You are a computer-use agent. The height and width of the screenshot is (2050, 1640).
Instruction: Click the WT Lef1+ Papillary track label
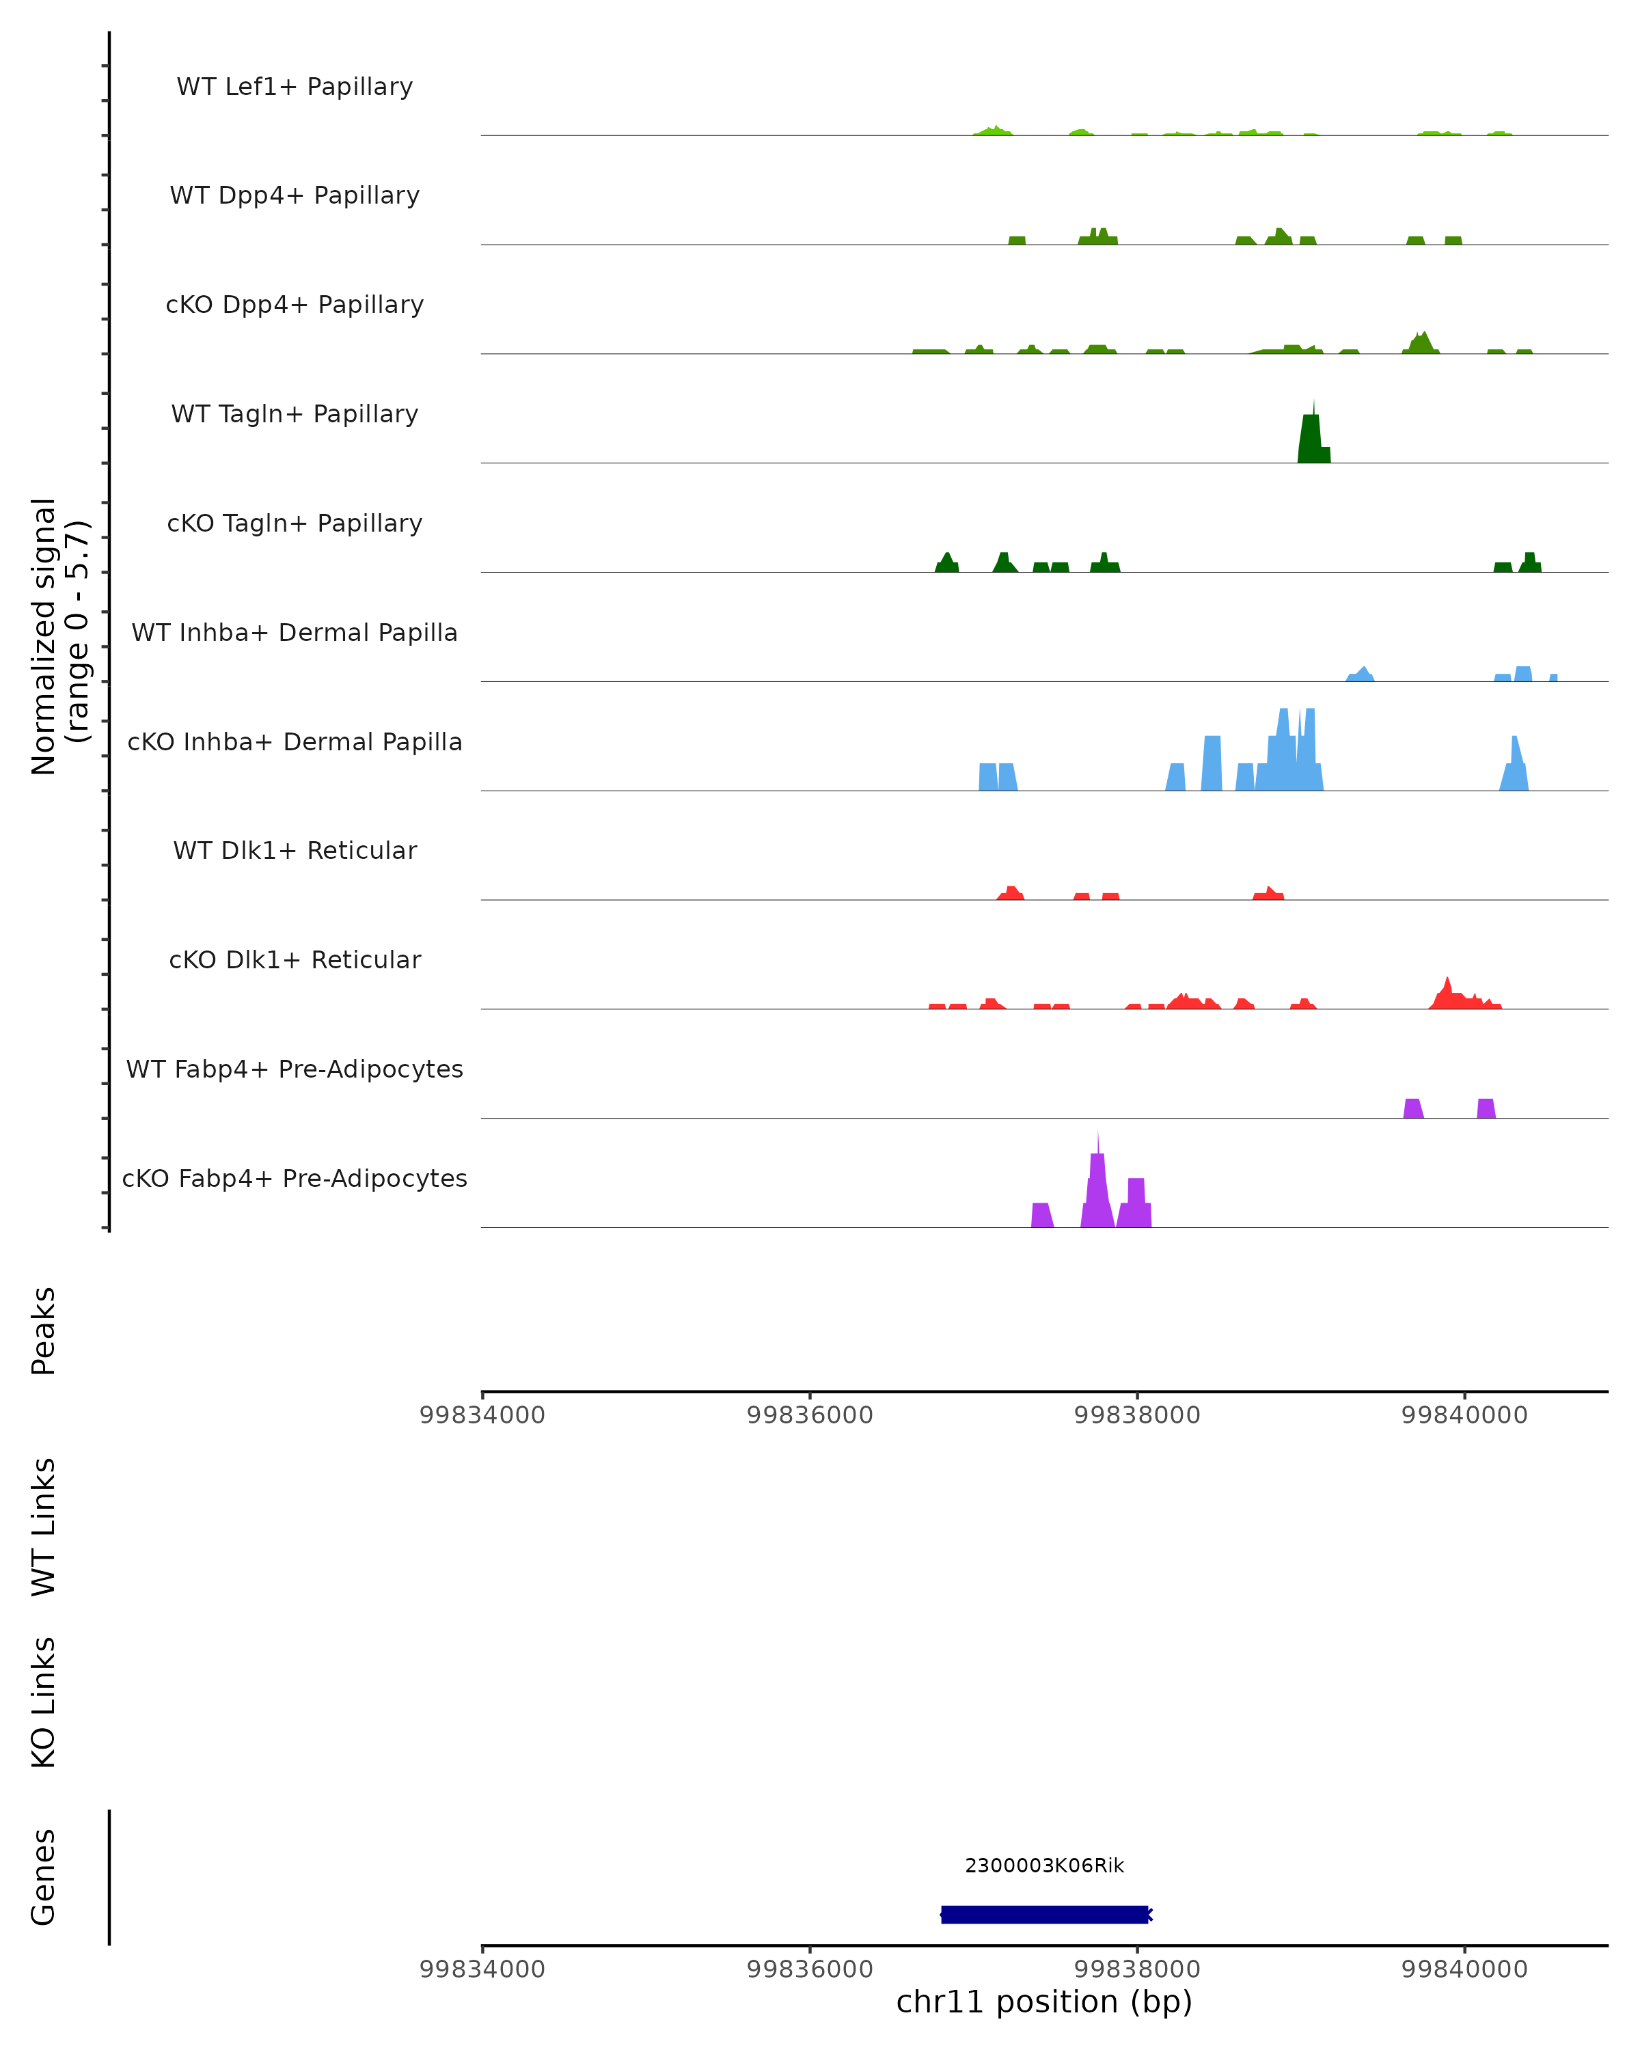pyautogui.click(x=295, y=87)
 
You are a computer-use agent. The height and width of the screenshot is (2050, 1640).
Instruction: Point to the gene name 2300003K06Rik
pyautogui.click(x=1044, y=1865)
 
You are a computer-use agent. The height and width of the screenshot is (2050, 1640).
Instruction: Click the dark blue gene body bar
pyautogui.click(x=1044, y=1914)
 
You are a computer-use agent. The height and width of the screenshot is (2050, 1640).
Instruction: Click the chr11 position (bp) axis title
pyautogui.click(x=1044, y=2002)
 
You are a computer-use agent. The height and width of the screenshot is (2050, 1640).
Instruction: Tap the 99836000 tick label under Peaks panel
pyautogui.click(x=809, y=1416)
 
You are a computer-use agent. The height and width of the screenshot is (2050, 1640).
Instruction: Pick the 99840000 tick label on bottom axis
pyautogui.click(x=1464, y=1969)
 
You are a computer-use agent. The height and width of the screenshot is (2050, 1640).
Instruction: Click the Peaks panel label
pyautogui.click(x=44, y=1331)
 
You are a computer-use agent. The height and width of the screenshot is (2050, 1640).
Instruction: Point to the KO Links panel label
pyautogui.click(x=44, y=1703)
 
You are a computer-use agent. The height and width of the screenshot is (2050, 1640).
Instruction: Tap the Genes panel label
pyautogui.click(x=44, y=1877)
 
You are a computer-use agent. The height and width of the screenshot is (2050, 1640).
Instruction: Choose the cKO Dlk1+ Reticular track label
pyautogui.click(x=295, y=960)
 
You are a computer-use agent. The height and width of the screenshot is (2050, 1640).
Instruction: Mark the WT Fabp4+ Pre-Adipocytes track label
pyautogui.click(x=295, y=1069)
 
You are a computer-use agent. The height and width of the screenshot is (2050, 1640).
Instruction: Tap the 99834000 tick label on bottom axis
pyautogui.click(x=482, y=1969)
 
